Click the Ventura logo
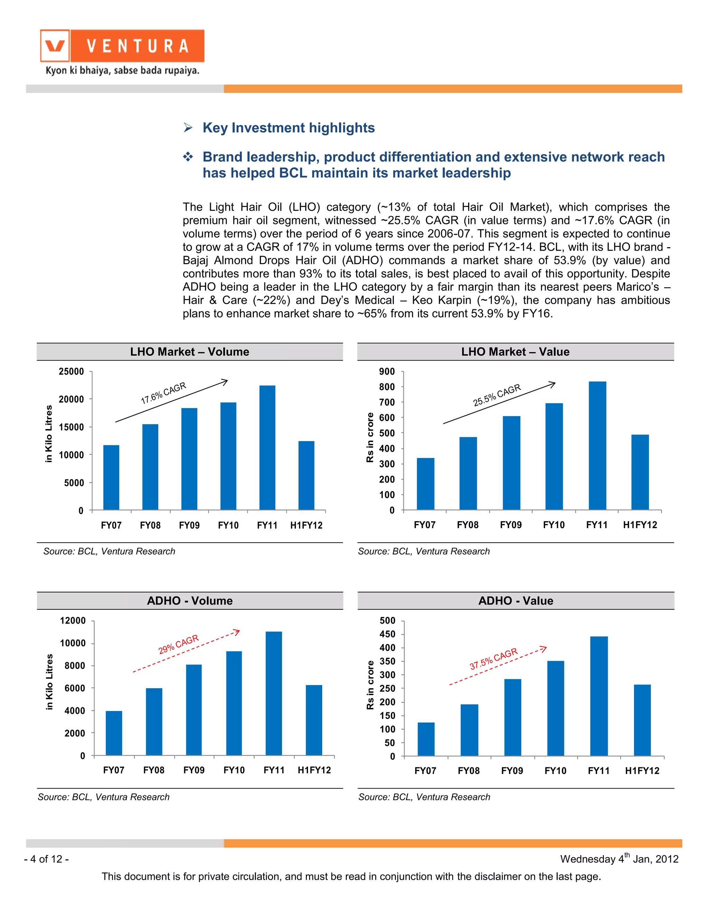(122, 46)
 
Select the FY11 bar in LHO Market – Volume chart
(267, 448)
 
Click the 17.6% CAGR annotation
(163, 393)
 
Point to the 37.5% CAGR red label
(493, 659)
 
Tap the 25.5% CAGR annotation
(497, 395)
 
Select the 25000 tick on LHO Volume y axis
(71, 372)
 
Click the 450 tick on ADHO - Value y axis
(387, 634)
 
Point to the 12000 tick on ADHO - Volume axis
(73, 621)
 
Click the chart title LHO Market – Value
(515, 352)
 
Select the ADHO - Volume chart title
(189, 601)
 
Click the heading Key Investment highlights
(288, 128)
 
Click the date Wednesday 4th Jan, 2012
(619, 859)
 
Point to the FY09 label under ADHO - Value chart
(512, 770)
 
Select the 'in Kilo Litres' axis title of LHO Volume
(49, 434)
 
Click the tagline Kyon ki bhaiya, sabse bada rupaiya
(122, 71)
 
